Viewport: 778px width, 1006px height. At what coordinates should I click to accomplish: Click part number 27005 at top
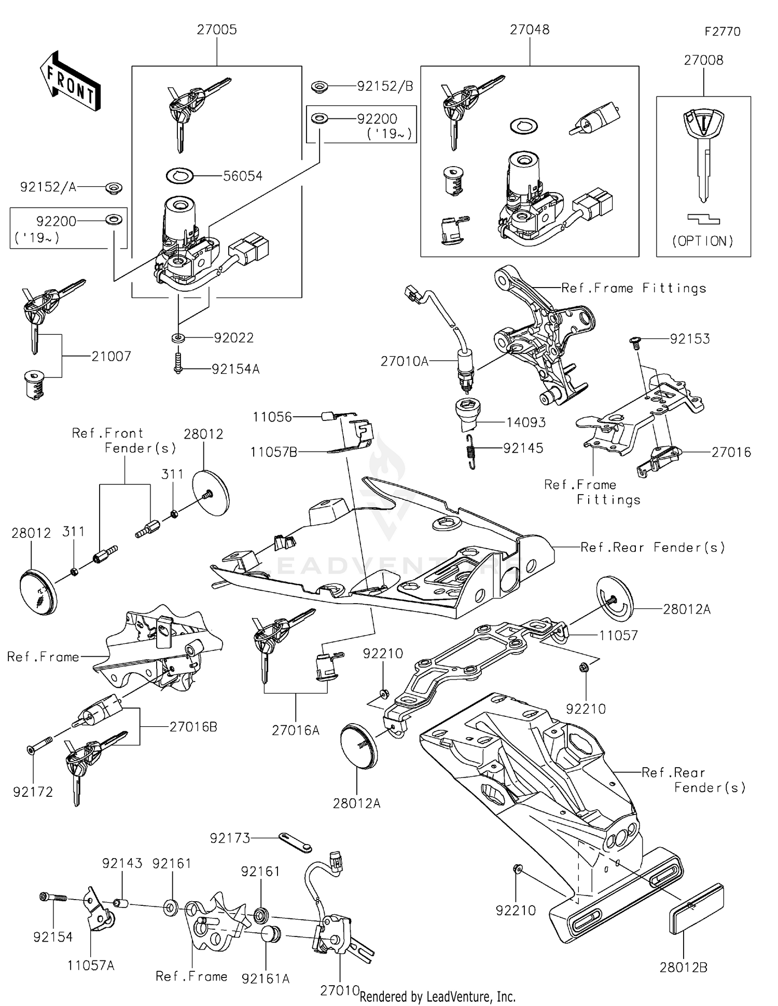(x=216, y=30)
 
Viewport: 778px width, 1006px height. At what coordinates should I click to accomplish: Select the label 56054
(x=242, y=176)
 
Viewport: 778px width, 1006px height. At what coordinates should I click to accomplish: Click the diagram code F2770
(x=722, y=32)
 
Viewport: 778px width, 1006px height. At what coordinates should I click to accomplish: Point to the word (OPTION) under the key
(x=703, y=241)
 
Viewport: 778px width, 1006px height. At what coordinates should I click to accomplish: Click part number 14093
(x=525, y=422)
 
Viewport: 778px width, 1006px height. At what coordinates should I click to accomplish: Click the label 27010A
(x=404, y=361)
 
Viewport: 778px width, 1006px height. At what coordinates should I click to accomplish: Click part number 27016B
(x=193, y=727)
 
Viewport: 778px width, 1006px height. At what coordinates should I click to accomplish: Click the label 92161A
(x=266, y=978)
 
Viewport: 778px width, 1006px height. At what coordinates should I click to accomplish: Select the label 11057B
(x=273, y=452)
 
